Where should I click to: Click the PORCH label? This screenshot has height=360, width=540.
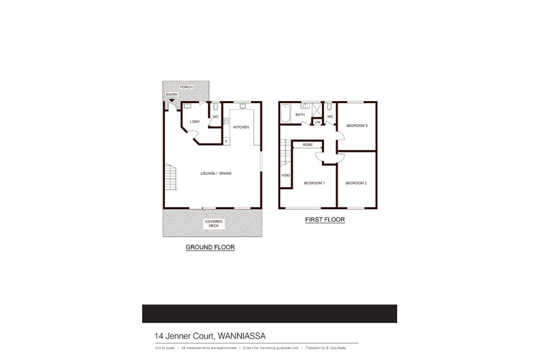186,87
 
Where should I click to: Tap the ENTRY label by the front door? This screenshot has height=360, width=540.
171,95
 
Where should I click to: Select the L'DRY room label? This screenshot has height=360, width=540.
195,122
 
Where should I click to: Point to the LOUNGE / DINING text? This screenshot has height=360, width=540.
215,174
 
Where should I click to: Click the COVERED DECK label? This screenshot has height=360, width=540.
213,223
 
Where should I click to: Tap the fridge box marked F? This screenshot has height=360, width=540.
226,141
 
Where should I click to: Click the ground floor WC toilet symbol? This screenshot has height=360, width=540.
215,107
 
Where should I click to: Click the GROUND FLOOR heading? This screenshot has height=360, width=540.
210,247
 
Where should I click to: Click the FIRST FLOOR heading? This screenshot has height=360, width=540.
324,221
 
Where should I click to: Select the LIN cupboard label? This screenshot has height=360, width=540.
317,122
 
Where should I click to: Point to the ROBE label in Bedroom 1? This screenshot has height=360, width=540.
308,145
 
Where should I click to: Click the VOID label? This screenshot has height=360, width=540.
285,176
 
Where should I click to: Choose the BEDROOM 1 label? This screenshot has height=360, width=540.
314,183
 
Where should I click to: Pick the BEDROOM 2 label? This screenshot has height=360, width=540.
356,183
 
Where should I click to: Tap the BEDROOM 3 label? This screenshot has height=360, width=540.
356,126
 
